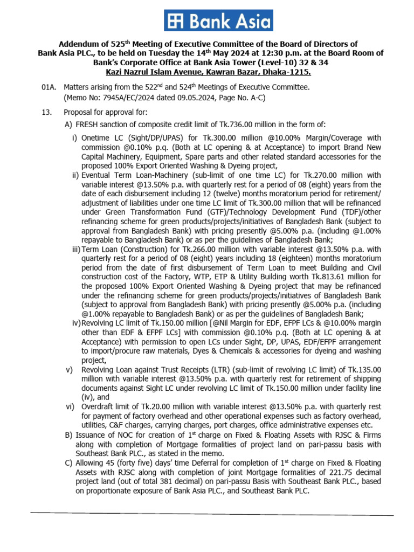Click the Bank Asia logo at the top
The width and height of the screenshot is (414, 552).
pos(218,20)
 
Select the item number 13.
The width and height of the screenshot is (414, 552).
pos(47,112)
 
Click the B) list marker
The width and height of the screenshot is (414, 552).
pos(68,435)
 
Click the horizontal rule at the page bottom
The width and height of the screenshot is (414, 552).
pos(210,513)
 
